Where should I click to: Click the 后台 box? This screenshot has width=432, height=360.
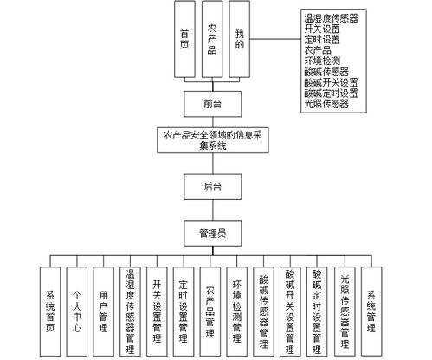[x=212, y=186]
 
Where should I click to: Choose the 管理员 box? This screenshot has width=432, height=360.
[x=212, y=231]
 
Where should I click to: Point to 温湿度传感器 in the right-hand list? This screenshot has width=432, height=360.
[x=332, y=16]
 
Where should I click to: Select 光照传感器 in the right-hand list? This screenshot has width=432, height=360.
[x=326, y=104]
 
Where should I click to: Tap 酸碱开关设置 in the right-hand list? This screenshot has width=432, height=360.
[x=332, y=82]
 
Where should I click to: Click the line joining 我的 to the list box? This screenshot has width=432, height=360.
[x=274, y=39]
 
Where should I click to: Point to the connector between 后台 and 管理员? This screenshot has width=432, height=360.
[x=212, y=209]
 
